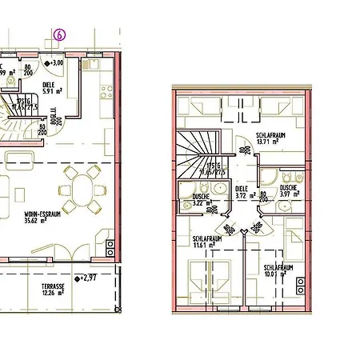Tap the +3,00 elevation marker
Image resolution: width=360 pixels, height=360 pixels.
point(56,62)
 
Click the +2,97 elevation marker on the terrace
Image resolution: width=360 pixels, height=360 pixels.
point(86,278)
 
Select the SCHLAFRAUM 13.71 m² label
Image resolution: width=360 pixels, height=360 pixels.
point(271,138)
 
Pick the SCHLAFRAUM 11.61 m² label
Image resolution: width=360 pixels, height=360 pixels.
point(207,242)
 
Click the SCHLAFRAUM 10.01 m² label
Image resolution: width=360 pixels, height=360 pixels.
point(277,271)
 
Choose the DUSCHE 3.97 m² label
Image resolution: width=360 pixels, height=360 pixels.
point(288,190)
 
